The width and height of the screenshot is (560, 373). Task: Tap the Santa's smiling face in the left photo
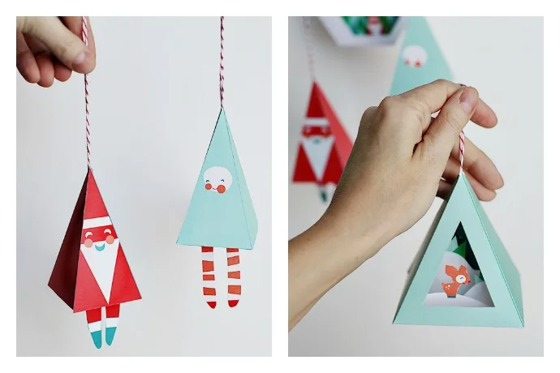(x=98, y=238)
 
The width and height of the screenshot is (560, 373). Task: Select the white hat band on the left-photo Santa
(x=97, y=221)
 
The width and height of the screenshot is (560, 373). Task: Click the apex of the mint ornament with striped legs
(x=221, y=109)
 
